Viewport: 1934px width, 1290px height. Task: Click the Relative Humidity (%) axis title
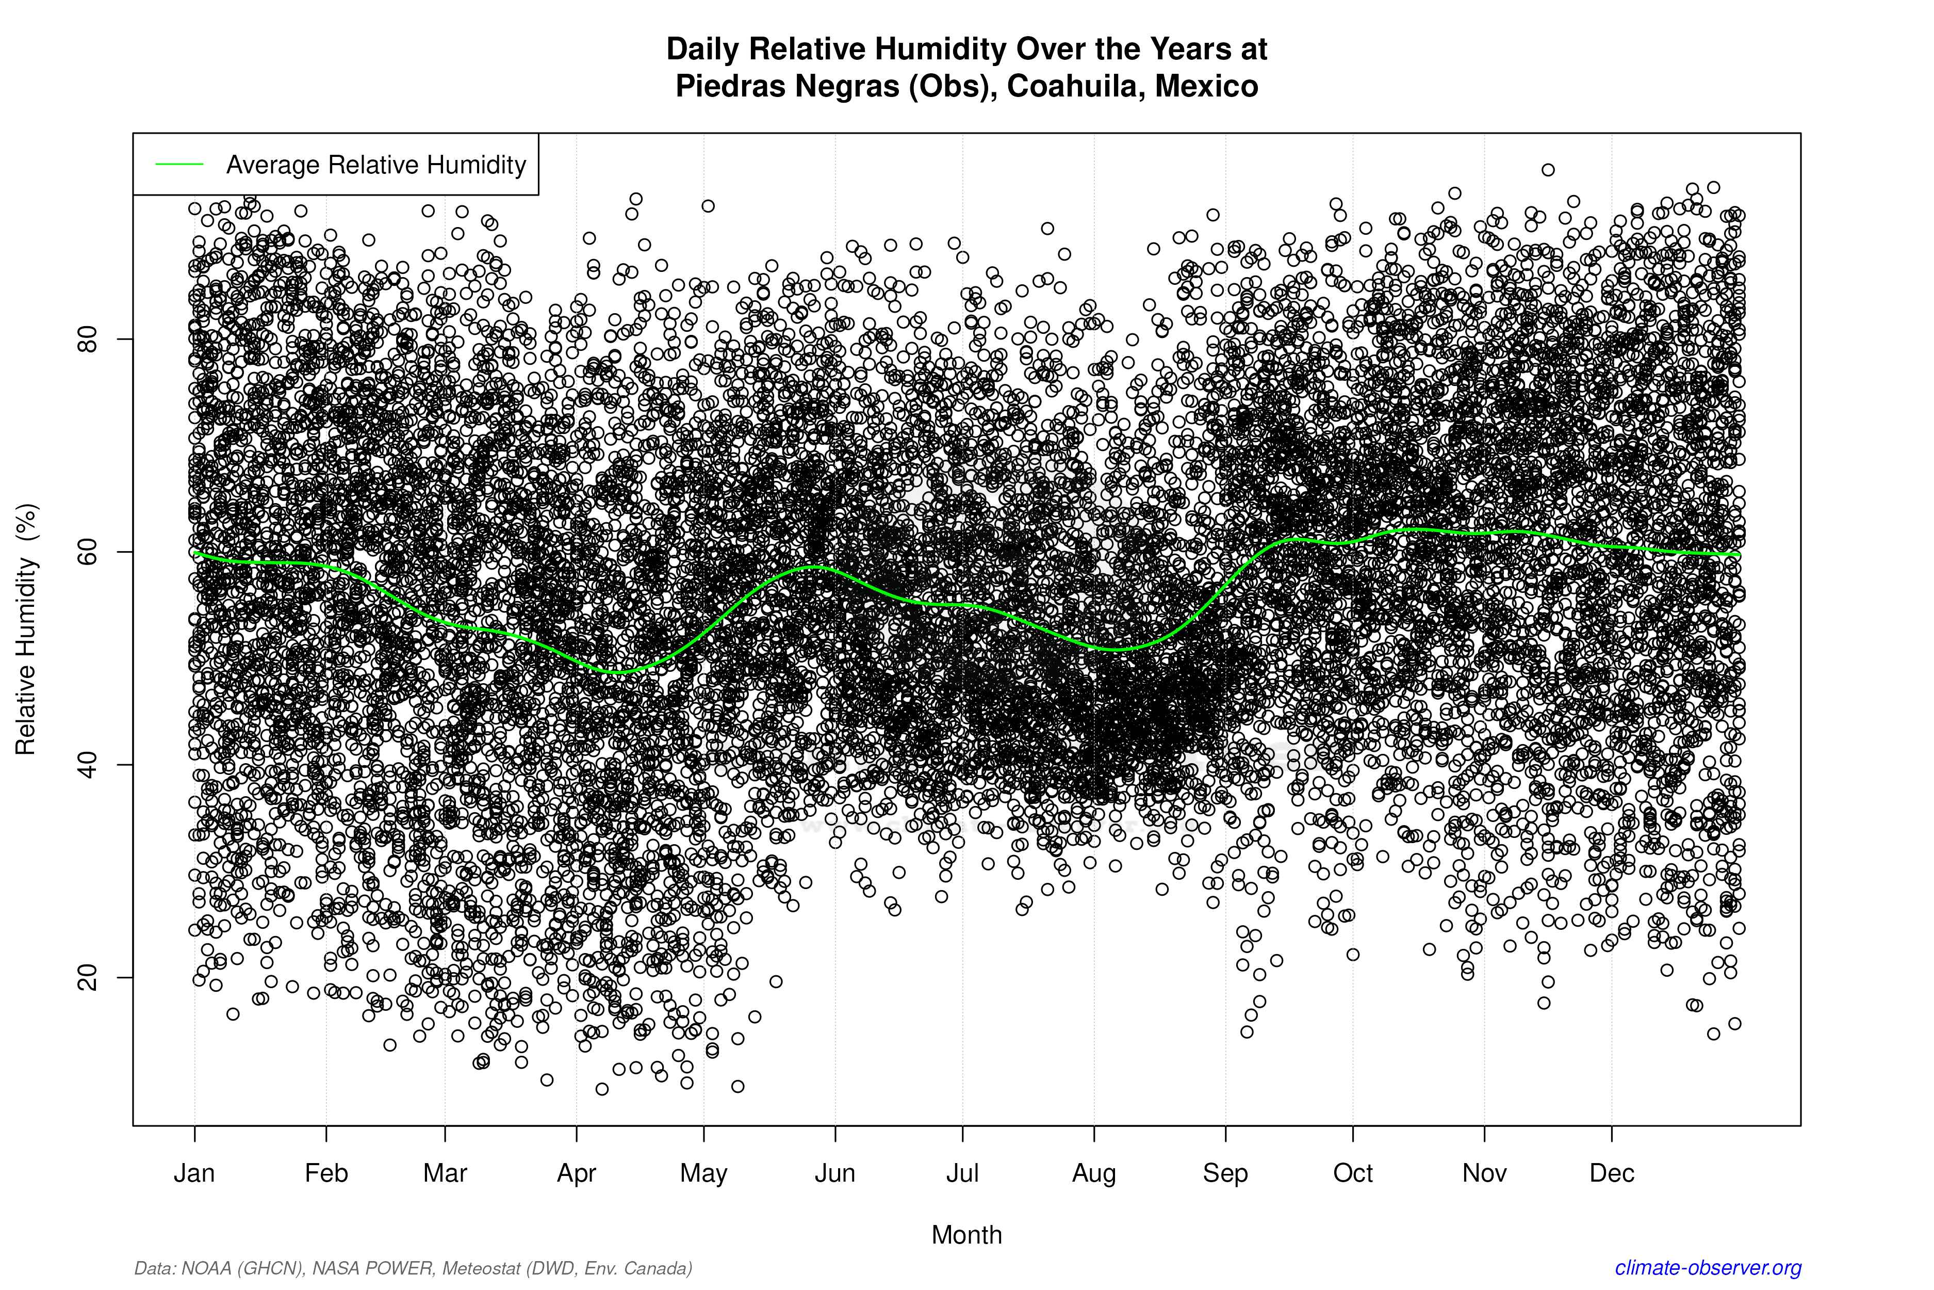pyautogui.click(x=26, y=630)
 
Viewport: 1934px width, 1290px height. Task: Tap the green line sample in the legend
pyautogui.click(x=179, y=165)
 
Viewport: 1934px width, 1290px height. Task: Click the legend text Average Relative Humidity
pyautogui.click(x=376, y=165)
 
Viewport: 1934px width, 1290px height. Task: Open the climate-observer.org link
pyautogui.click(x=1708, y=1268)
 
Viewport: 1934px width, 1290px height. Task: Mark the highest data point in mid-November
pyautogui.click(x=1548, y=169)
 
